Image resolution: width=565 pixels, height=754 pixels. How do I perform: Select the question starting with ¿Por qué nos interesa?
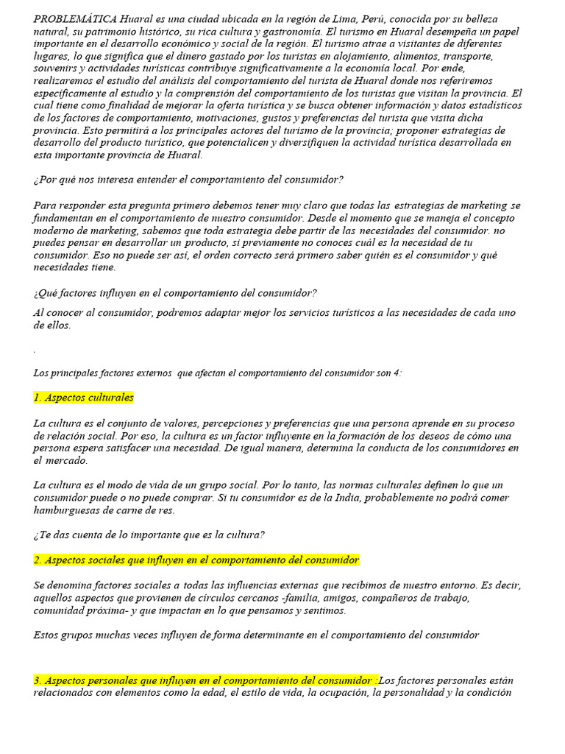[x=188, y=180]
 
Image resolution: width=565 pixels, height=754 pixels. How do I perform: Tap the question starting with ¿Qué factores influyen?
[x=175, y=293]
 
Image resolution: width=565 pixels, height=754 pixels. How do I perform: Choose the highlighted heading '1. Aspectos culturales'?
[x=84, y=398]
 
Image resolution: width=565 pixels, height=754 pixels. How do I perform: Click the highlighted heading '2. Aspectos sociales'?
[x=196, y=560]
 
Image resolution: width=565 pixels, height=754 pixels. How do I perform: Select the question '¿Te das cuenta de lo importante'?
[x=149, y=535]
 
